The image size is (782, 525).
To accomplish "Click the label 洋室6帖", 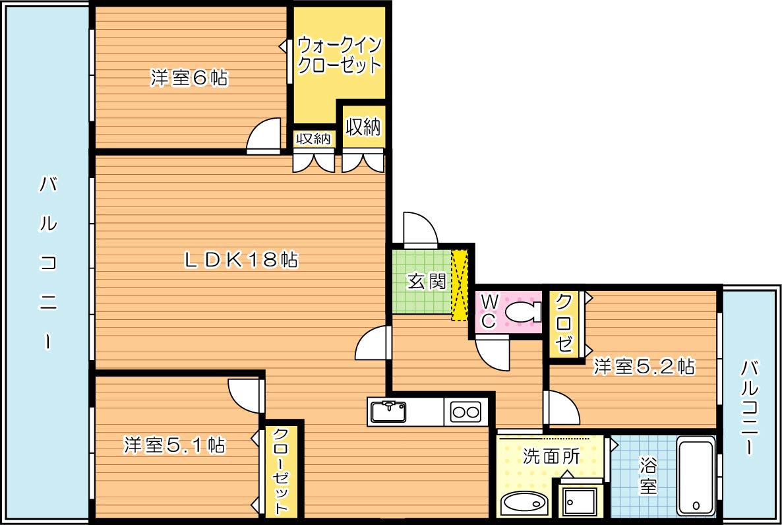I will pos(189,78).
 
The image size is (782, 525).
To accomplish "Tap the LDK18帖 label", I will pos(241,260).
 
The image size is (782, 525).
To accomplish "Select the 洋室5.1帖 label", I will pos(175,446).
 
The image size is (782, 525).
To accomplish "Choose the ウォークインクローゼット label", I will pos(339,55).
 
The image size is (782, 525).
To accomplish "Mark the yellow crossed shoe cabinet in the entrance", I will pos(460,285).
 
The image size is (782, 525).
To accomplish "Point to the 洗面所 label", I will pos(551,456).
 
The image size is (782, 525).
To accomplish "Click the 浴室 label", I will pos(648,476).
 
